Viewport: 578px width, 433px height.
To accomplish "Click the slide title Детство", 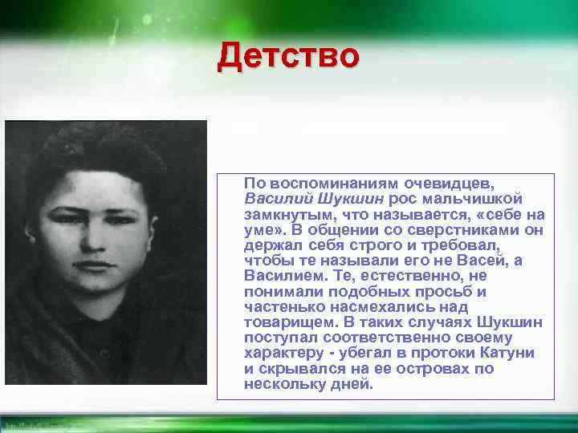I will [288, 58].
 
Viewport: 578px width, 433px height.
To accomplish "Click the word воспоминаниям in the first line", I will [320, 184].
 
